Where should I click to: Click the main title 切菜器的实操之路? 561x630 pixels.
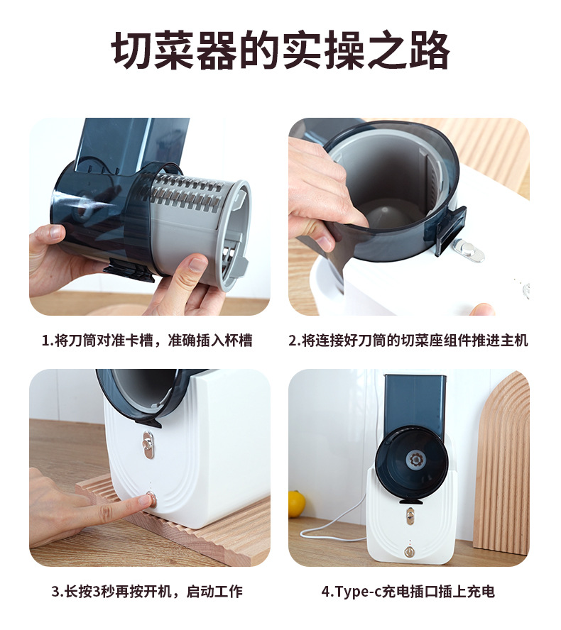click(x=280, y=51)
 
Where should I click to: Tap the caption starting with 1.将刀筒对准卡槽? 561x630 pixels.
click(x=147, y=341)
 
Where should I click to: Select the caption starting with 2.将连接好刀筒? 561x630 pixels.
click(x=408, y=341)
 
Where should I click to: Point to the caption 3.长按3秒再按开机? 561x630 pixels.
click(x=147, y=591)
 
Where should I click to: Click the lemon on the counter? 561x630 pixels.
click(x=296, y=503)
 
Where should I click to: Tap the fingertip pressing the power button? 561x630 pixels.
click(x=142, y=501)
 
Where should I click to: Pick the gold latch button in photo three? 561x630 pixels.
click(x=148, y=441)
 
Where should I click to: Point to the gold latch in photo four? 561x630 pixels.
click(x=409, y=515)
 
